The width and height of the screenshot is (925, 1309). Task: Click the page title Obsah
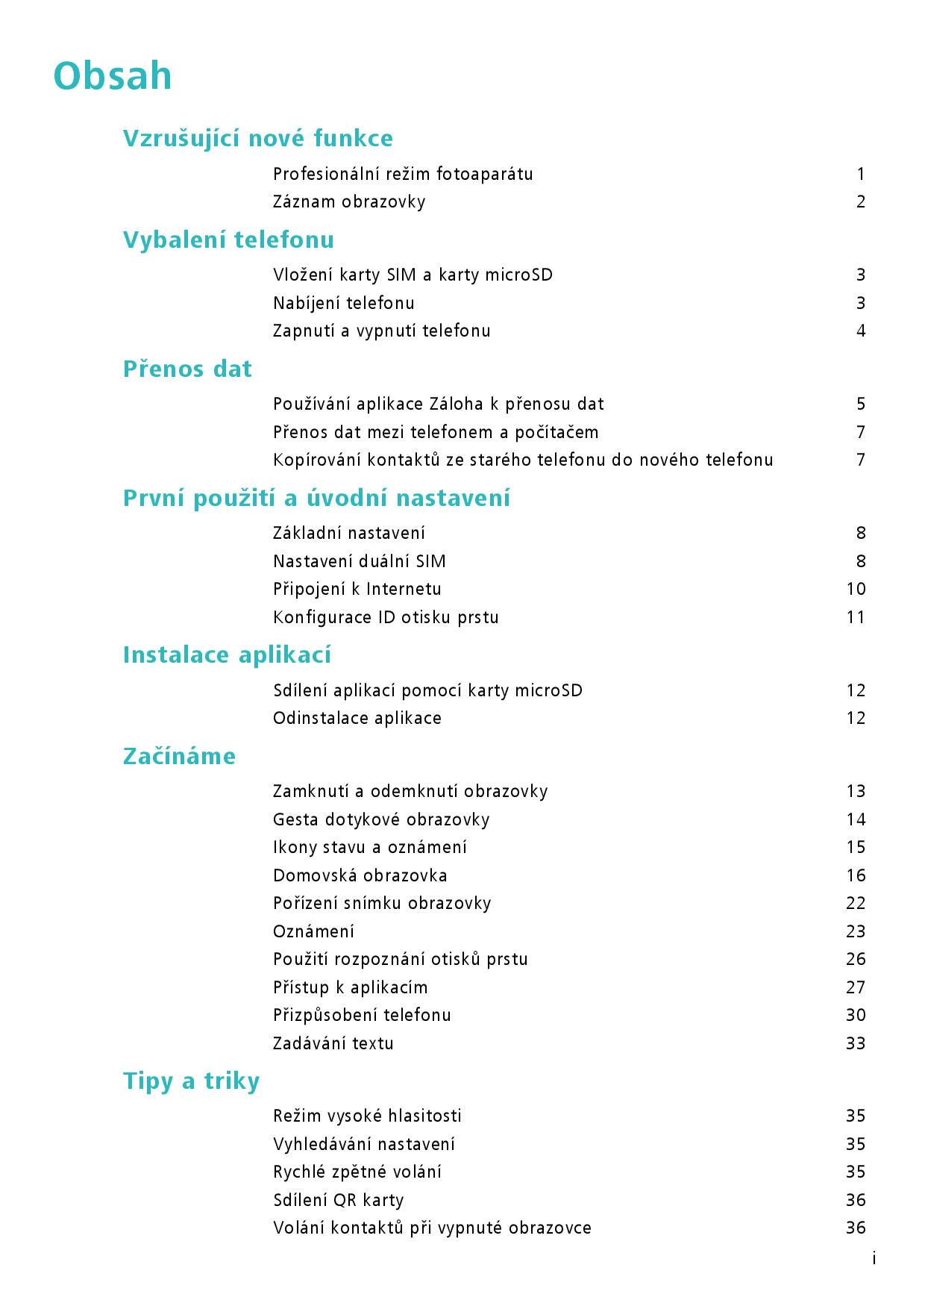point(113,76)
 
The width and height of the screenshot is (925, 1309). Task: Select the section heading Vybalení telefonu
point(228,240)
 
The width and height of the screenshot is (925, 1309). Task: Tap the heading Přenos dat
point(187,369)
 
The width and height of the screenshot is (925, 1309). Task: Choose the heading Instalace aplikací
point(227,654)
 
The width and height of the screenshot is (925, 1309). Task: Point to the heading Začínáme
point(179,756)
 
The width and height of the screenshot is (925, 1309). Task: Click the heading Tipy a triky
point(191,1081)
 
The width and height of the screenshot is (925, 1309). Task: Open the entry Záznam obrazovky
point(349,201)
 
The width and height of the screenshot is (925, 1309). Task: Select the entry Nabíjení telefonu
point(343,303)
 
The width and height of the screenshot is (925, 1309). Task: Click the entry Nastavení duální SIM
point(359,561)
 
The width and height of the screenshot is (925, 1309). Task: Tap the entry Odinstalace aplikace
point(357,718)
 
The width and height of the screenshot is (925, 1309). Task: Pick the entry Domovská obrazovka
point(360,875)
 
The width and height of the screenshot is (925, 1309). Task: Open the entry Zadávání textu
point(333,1043)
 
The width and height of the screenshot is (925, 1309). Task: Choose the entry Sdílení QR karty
point(338,1200)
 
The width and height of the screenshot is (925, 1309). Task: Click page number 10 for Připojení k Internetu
point(856,589)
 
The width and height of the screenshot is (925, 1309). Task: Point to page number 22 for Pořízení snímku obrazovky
point(856,903)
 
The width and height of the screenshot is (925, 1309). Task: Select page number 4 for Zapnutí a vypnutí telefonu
point(861,331)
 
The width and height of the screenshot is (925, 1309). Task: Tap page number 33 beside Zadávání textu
point(856,1043)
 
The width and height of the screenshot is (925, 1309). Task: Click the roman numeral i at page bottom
point(874,1259)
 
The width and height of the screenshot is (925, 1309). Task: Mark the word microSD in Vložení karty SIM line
point(518,275)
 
